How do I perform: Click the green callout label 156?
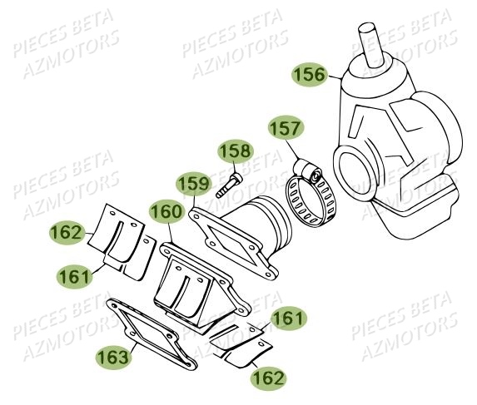pyautogui.click(x=310, y=75)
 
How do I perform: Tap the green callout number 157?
pyautogui.click(x=286, y=129)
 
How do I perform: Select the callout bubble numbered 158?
pyautogui.click(x=234, y=151)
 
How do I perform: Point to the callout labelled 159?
pyautogui.click(x=192, y=183)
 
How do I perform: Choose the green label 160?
pyautogui.click(x=166, y=213)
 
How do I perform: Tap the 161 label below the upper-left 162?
pyautogui.click(x=75, y=274)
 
